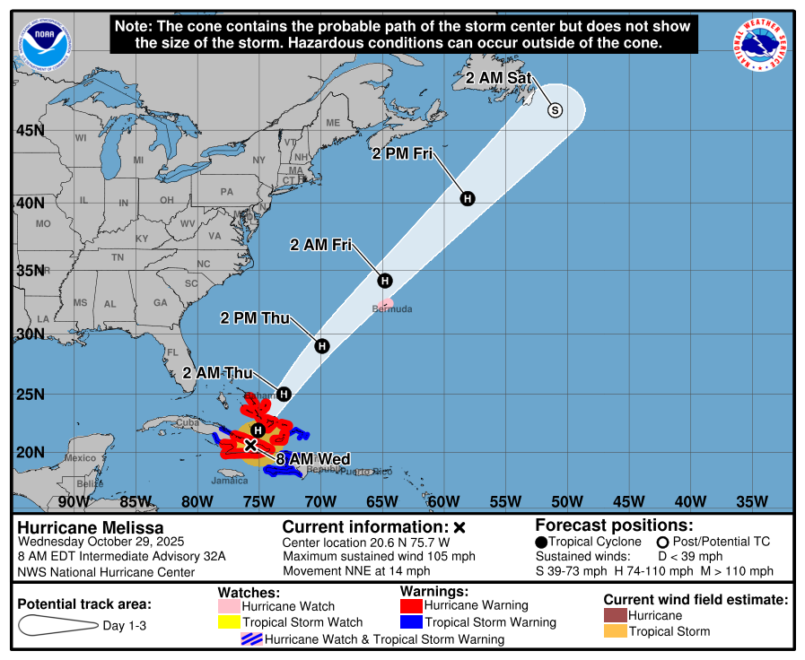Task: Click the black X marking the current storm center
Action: pyautogui.click(x=251, y=444)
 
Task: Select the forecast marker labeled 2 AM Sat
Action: pyautogui.click(x=555, y=109)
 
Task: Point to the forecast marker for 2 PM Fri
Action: pyautogui.click(x=468, y=198)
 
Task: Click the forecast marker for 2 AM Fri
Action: pyautogui.click(x=385, y=280)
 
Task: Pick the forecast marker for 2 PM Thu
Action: pyautogui.click(x=321, y=345)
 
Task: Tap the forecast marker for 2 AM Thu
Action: pyautogui.click(x=284, y=394)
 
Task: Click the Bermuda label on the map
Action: pyautogui.click(x=393, y=309)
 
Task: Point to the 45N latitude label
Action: pyautogui.click(x=30, y=131)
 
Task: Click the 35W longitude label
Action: pyautogui.click(x=752, y=500)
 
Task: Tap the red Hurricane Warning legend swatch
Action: pyautogui.click(x=409, y=605)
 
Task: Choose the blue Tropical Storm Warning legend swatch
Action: pyautogui.click(x=409, y=621)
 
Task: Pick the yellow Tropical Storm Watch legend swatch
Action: pyautogui.click(x=230, y=621)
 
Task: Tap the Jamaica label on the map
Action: pyautogui.click(x=230, y=481)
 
